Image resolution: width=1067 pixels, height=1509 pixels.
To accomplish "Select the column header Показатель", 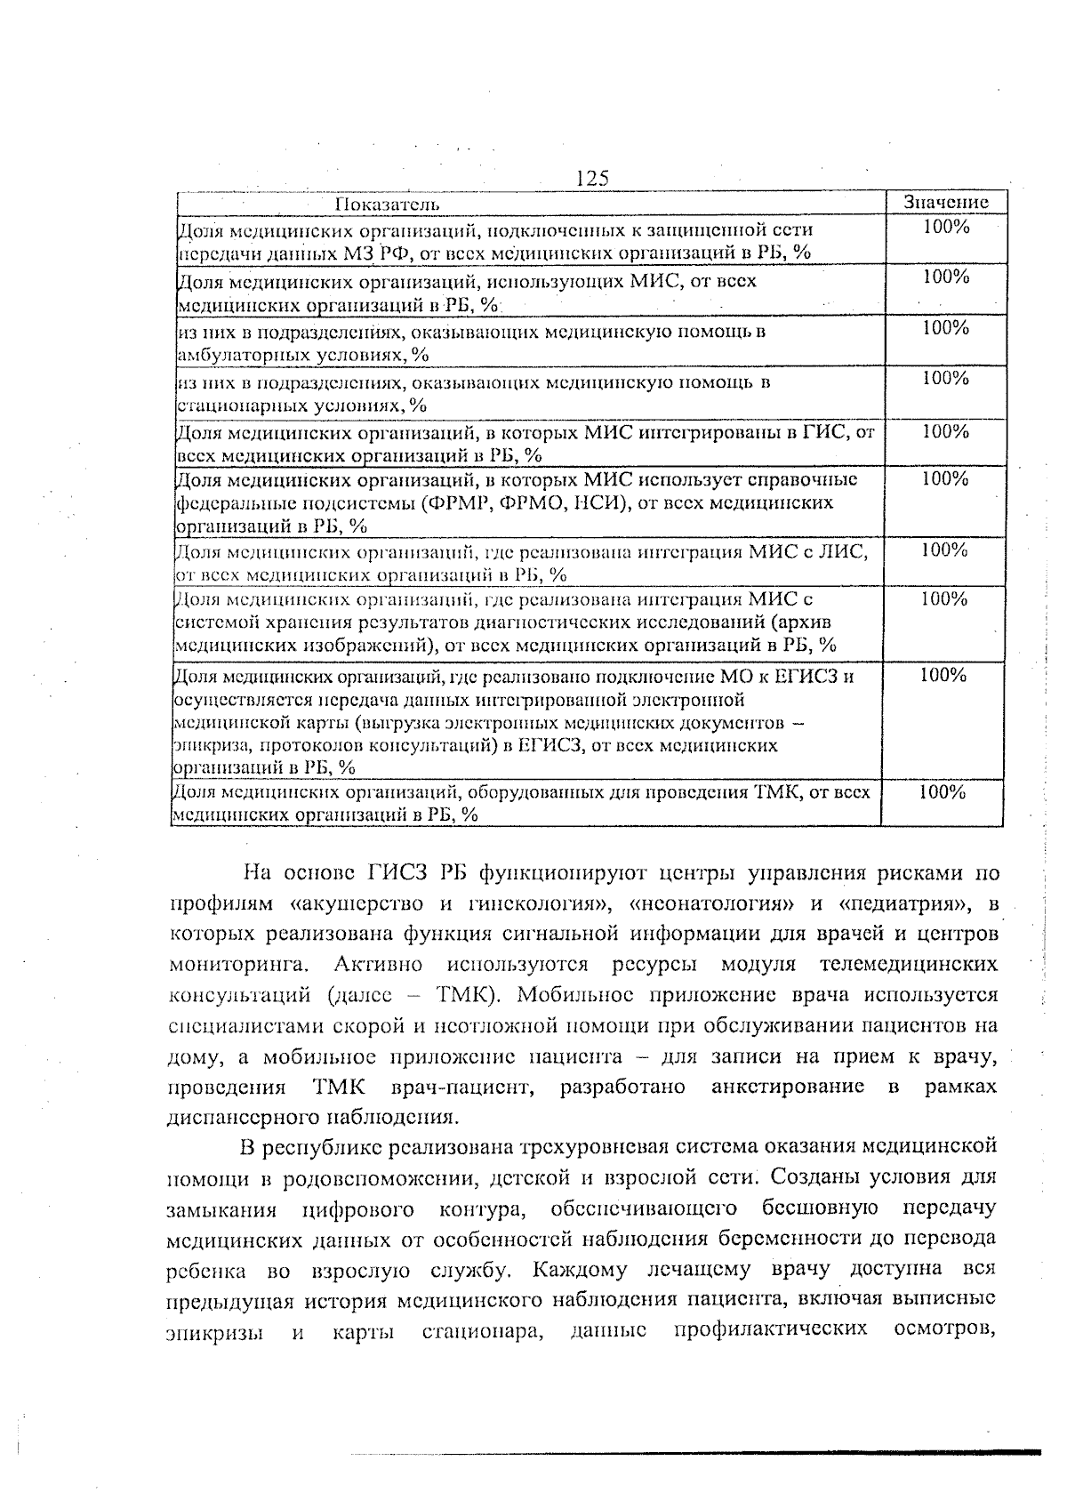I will pyautogui.click(x=387, y=205).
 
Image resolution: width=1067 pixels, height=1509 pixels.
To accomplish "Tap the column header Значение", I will pyautogui.click(x=945, y=202).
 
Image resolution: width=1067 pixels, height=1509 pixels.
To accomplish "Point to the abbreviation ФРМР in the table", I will pyautogui.click(x=461, y=503).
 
